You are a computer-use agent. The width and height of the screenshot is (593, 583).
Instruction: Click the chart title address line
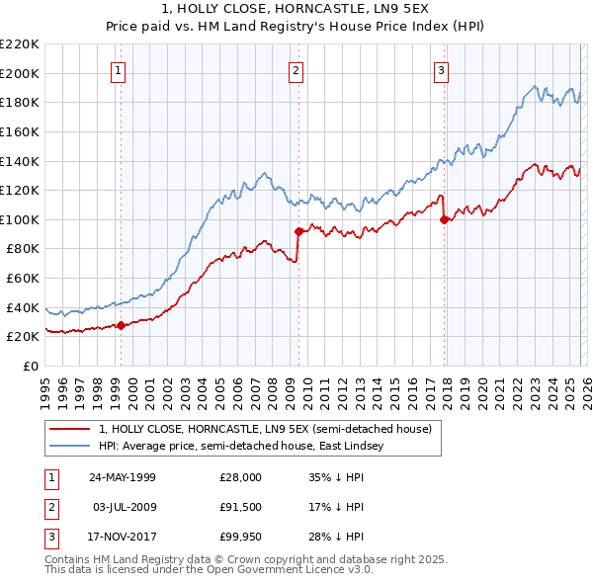296,9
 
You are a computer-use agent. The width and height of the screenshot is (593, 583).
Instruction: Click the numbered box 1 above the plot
118,70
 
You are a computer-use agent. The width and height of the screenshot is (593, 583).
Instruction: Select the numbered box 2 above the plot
296,70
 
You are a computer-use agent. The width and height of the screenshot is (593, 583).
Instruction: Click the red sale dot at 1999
121,324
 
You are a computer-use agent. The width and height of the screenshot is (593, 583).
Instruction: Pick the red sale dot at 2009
297,231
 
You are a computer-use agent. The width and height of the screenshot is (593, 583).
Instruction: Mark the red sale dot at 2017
444,219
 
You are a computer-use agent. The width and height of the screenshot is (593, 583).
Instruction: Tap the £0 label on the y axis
30,366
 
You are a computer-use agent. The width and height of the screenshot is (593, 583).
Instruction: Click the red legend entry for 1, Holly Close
265,430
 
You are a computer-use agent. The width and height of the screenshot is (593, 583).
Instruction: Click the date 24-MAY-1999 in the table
122,477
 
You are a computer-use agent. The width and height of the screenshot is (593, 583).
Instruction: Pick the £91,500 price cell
240,507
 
